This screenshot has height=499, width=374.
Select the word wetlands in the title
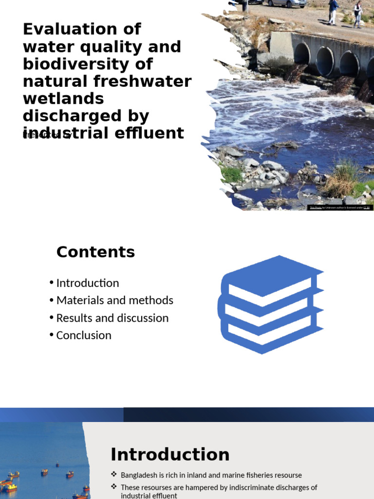63,98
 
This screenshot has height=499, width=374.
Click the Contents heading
95,252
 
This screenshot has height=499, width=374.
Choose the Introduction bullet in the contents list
88,283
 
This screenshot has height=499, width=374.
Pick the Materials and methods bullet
114,300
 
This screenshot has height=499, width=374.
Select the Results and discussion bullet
112,318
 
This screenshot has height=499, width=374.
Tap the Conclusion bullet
84,335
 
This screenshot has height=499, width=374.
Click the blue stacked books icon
270,305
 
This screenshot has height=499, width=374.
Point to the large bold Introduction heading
170,455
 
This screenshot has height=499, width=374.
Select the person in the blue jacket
333,11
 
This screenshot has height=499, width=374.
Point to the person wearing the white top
358,14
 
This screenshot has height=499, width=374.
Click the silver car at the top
287,3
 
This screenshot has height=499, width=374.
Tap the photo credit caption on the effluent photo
340,208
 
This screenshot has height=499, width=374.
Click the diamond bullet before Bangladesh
114,475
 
